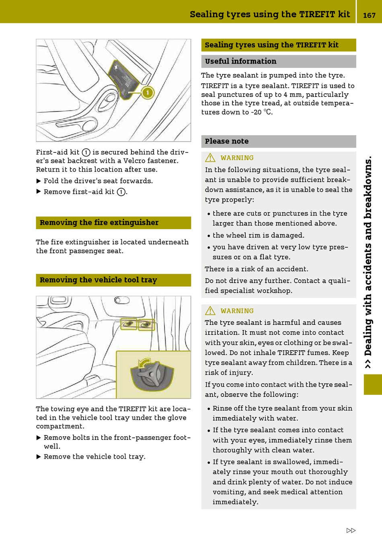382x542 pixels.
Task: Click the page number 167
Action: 369,15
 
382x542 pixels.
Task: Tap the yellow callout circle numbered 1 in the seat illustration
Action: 148,93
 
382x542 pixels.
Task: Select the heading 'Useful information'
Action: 240,62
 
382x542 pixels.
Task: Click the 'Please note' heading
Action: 227,141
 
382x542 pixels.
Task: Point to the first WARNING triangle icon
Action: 210,158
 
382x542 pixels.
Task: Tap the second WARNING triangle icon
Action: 210,310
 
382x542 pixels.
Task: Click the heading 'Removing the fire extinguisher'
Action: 99,223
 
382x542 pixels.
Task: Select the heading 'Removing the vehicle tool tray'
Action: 98,280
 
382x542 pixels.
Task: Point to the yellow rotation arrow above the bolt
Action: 144,362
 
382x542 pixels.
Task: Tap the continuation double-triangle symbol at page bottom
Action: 351,530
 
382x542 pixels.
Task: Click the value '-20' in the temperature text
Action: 257,112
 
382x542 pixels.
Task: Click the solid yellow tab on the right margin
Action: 373,384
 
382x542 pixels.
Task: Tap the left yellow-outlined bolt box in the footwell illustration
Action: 129,324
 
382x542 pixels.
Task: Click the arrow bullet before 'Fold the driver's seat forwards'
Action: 39,181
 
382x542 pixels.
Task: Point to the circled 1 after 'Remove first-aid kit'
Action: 121,192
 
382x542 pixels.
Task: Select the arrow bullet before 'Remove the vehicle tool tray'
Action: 39,457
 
